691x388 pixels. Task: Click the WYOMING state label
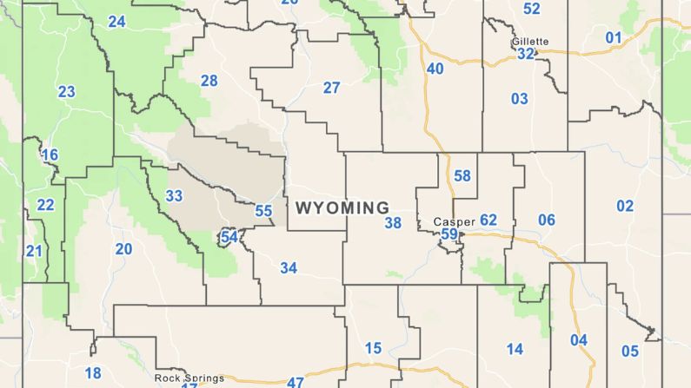click(x=342, y=208)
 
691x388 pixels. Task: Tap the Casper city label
click(x=455, y=222)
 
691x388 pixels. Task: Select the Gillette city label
click(x=530, y=42)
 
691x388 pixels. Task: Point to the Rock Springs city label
click(x=189, y=378)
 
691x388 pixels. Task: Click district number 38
click(x=393, y=223)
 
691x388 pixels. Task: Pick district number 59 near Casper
click(x=449, y=233)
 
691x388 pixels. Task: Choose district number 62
click(x=488, y=220)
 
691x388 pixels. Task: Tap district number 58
click(x=462, y=176)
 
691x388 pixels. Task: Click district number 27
click(x=332, y=88)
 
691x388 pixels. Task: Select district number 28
click(x=209, y=81)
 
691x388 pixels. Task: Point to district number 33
click(x=175, y=196)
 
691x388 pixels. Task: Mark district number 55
click(x=263, y=211)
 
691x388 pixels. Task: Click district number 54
click(x=229, y=237)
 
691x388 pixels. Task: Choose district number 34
click(x=289, y=268)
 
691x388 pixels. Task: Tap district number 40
click(x=435, y=69)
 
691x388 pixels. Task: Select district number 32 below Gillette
click(x=525, y=54)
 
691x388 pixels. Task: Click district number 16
click(x=50, y=155)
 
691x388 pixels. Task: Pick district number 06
click(x=546, y=220)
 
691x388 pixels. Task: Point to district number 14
click(x=515, y=349)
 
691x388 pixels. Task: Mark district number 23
click(x=67, y=92)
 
